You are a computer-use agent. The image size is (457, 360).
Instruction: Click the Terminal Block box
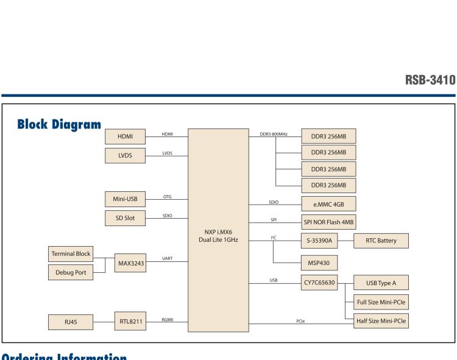coord(71,253)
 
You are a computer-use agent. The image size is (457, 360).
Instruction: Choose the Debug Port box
coord(71,272)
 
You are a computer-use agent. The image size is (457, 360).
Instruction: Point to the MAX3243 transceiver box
coord(129,263)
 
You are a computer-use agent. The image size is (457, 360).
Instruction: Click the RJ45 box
coord(71,320)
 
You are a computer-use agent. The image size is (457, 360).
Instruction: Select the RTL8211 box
coord(129,320)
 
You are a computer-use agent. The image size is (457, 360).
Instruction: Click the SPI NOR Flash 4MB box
coord(329,222)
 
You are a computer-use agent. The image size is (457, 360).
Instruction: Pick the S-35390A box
coord(320,241)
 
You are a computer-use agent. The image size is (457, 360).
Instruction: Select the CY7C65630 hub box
coord(320,283)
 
